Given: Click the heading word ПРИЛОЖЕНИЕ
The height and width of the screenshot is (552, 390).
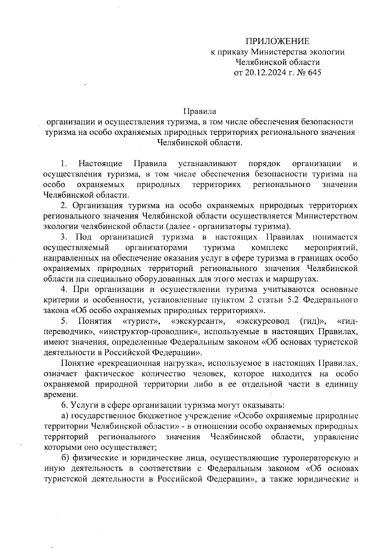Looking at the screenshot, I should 278,41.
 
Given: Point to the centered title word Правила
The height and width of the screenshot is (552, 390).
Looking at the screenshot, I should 200,112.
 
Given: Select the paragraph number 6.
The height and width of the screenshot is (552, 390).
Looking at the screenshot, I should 64,405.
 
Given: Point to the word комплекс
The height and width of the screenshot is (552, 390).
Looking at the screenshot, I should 269,248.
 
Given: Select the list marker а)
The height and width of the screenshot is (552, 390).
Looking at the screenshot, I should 65,416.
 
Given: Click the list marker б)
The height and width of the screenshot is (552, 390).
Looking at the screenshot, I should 65,458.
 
